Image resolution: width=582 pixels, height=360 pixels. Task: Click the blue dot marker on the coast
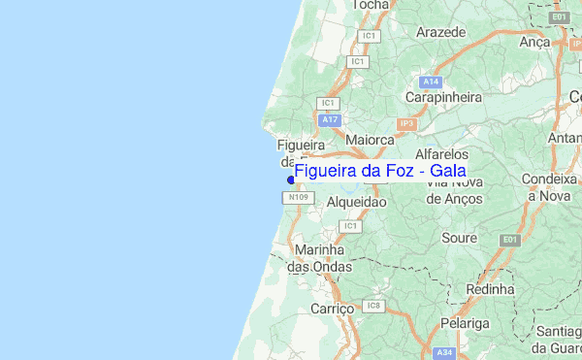291,179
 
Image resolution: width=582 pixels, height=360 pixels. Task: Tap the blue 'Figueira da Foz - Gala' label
379,172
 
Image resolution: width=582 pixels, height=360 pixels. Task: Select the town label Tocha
371,5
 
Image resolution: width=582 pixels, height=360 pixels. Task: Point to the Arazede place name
440,32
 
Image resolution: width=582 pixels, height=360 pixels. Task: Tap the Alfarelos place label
441,154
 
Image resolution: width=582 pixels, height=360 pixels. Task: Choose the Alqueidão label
356,202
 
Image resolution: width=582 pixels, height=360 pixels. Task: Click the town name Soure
458,237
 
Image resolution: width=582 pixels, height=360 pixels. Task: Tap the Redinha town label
490,289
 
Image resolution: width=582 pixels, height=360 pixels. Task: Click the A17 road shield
331,119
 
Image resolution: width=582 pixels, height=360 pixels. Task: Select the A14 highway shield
432,82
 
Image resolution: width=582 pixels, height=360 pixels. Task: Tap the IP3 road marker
405,123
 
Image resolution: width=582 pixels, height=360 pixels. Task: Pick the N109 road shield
298,198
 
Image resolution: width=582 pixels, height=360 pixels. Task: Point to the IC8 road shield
374,307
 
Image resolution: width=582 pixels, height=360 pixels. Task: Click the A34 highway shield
444,352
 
